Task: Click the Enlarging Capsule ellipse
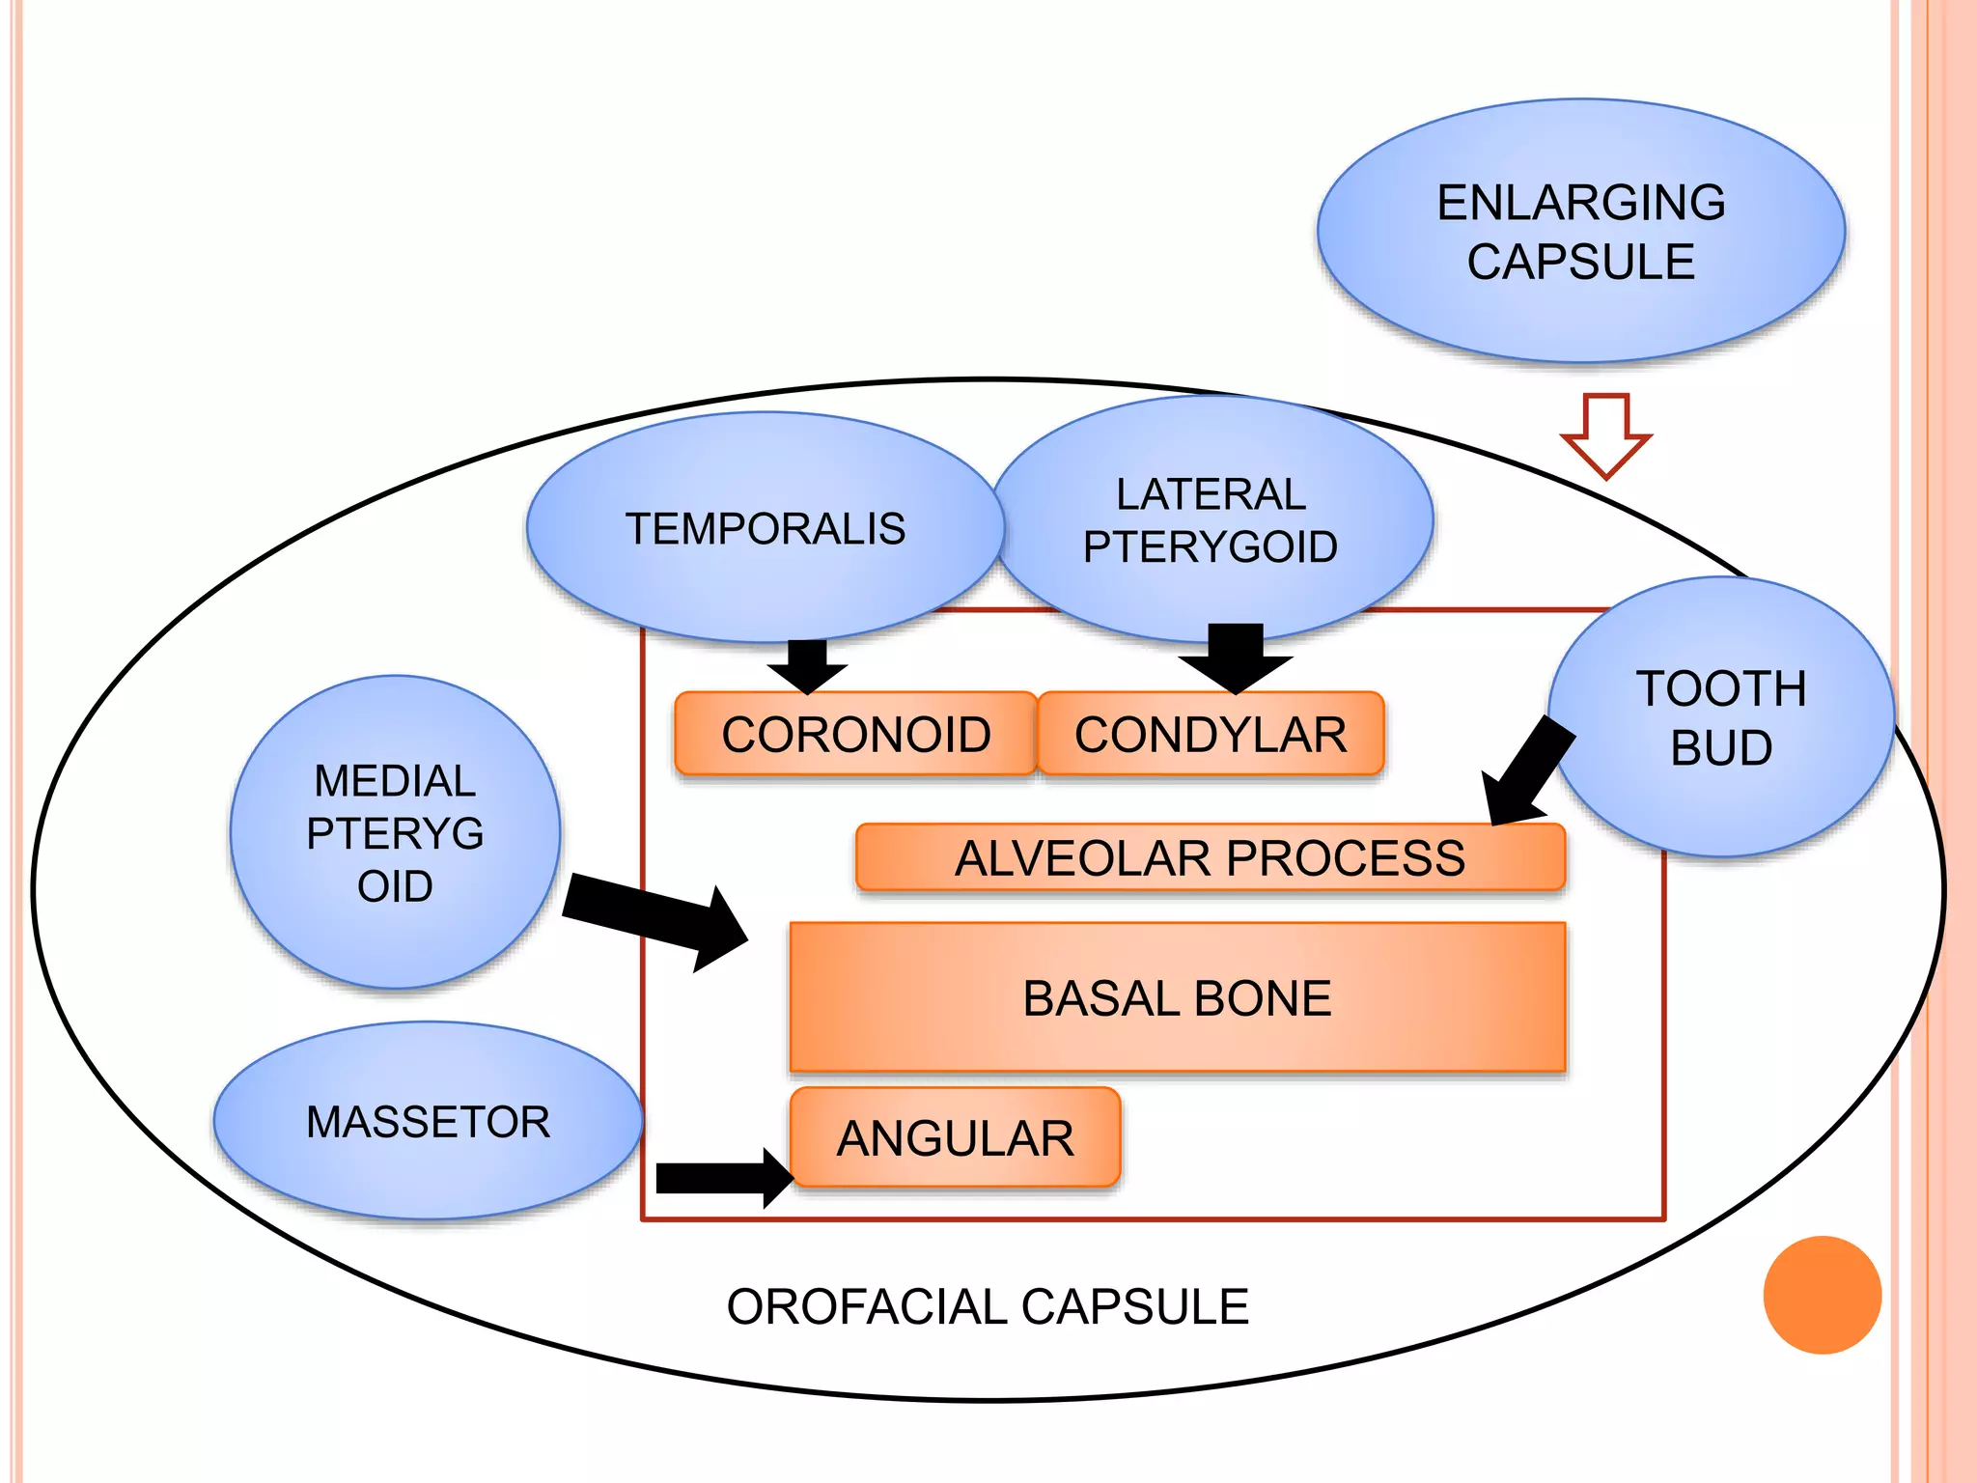[x=1581, y=232]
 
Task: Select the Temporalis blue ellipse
[x=765, y=528]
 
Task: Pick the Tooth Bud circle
[x=1721, y=716]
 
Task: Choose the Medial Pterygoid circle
[x=395, y=832]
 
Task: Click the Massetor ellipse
[x=428, y=1121]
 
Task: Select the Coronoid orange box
[x=855, y=735]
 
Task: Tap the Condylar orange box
[x=1211, y=735]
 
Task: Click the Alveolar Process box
[x=1210, y=857]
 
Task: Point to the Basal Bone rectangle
[x=1177, y=997]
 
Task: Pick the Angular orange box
[x=955, y=1137]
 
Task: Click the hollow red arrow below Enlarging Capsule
[x=1606, y=434]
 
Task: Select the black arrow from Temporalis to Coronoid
[x=807, y=666]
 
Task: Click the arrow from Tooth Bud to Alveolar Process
[x=1531, y=772]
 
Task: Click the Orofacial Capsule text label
[x=988, y=1307]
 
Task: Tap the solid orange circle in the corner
[x=1822, y=1295]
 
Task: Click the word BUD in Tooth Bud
[x=1721, y=747]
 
